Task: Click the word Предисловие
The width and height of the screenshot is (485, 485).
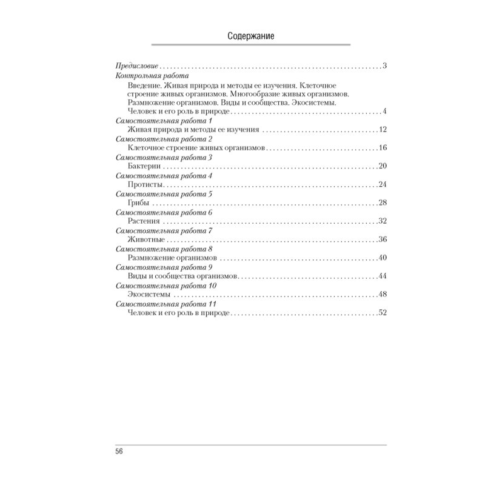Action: (136, 65)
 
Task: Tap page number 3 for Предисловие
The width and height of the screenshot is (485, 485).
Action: (385, 65)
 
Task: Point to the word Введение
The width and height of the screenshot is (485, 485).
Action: (144, 85)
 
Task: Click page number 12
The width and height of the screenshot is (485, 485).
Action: (383, 130)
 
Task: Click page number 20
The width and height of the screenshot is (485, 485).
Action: (382, 166)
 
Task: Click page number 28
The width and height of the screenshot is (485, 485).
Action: (382, 202)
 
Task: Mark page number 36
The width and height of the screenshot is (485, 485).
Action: (382, 239)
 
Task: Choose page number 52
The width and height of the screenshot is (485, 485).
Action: (382, 313)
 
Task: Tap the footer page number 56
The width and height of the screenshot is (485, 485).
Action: (119, 452)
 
